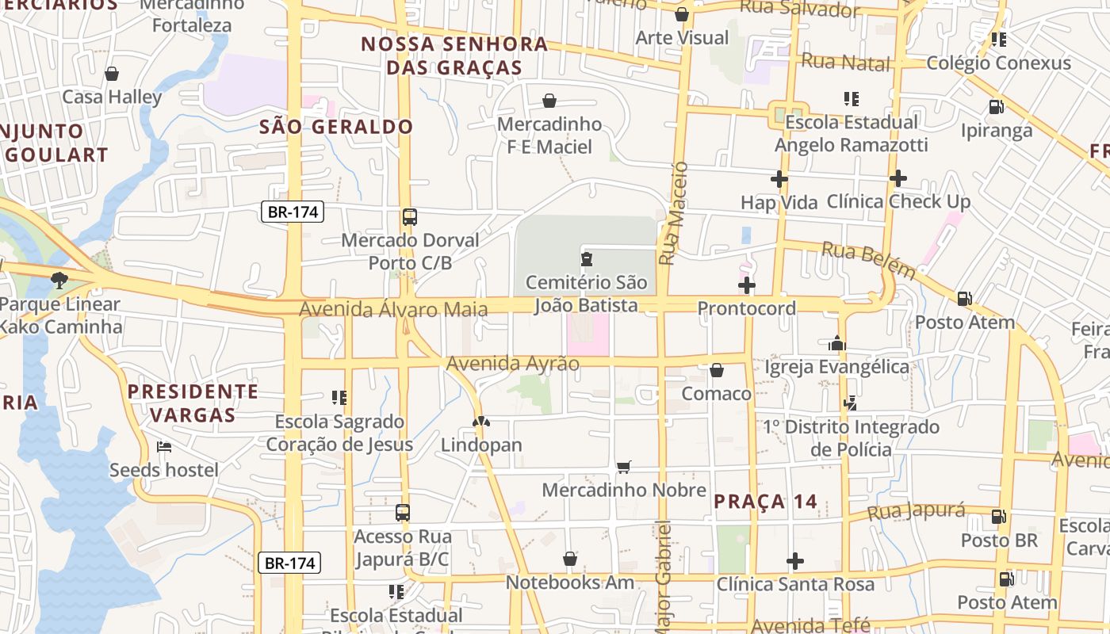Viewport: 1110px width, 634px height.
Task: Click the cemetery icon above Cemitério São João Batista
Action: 586,258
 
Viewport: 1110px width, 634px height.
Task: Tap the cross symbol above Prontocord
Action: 747,285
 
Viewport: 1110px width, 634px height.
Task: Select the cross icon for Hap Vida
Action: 779,179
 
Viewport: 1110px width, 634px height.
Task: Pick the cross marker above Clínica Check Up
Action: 898,178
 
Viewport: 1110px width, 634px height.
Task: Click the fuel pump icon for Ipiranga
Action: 996,107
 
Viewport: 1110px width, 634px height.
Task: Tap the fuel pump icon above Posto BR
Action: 998,518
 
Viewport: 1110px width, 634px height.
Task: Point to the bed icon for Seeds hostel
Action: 164,447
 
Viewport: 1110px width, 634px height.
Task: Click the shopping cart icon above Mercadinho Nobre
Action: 624,467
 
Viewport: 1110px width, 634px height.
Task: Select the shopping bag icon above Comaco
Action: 716,370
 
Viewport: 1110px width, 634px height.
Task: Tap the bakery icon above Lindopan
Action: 480,422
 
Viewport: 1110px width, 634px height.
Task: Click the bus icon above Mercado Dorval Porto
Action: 410,217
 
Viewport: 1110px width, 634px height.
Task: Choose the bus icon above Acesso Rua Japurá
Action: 403,513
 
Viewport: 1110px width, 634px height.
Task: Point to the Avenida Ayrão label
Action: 512,363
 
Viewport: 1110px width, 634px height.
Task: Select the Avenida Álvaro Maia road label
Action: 392,308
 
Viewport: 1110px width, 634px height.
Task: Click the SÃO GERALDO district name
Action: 336,127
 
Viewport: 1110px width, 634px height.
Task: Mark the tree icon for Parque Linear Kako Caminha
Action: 59,280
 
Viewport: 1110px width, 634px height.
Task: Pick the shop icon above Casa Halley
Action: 112,74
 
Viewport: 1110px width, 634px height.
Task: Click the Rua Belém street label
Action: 867,260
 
